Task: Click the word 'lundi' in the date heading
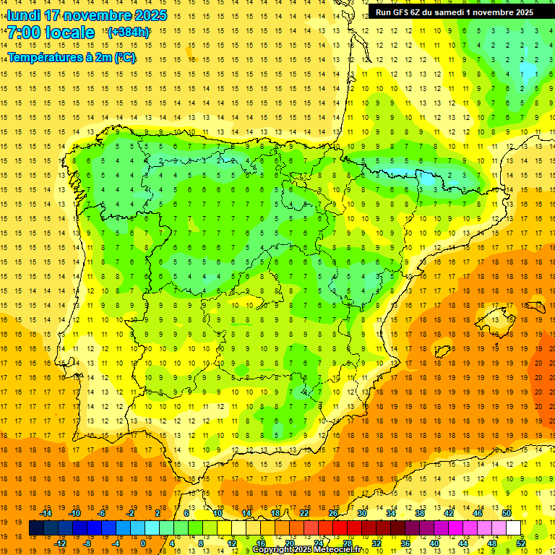(23, 15)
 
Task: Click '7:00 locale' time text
(51, 33)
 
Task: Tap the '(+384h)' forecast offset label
(128, 32)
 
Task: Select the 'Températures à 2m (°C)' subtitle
(72, 58)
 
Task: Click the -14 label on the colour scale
(46, 513)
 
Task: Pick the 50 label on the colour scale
(507, 513)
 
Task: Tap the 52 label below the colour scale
(521, 543)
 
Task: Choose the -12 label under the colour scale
(60, 543)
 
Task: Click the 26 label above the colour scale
(333, 513)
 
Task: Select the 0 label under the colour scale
(142, 543)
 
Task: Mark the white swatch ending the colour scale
(514, 528)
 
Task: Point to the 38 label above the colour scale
(420, 513)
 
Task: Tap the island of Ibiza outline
(442, 351)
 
